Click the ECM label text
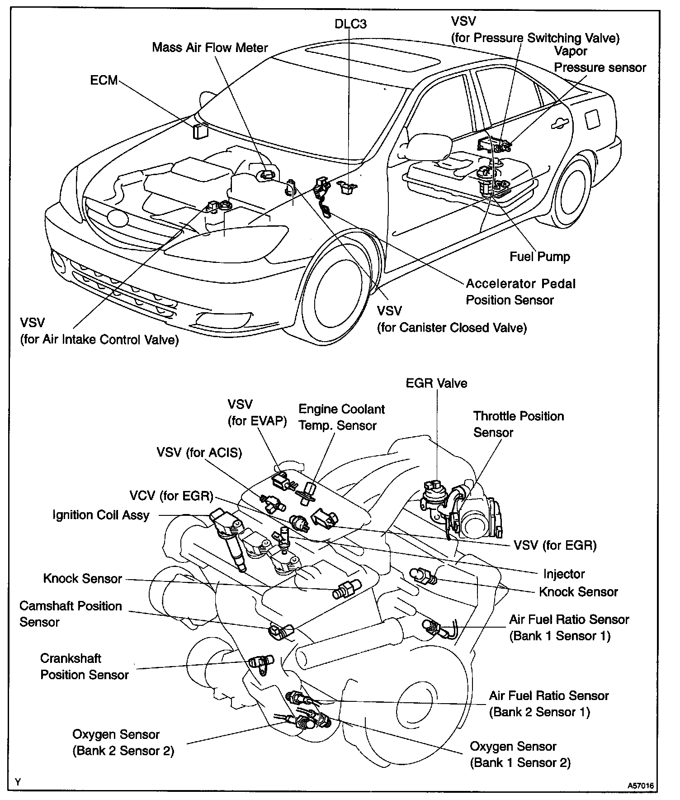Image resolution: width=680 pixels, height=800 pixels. [x=104, y=81]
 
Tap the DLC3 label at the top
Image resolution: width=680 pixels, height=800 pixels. [x=350, y=24]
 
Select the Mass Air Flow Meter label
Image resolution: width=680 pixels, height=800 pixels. [x=210, y=48]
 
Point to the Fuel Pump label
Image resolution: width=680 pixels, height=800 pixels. [x=540, y=257]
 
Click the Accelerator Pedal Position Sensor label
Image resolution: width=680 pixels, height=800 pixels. [x=520, y=292]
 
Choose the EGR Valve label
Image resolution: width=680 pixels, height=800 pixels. [x=436, y=383]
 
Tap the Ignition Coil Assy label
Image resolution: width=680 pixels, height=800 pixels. [x=101, y=515]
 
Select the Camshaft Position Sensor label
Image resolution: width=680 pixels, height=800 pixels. [x=71, y=614]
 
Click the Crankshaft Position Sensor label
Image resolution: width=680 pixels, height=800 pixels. [x=85, y=667]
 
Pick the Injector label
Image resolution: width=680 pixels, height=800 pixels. [x=564, y=574]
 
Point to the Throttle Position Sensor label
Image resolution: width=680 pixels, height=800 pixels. [x=518, y=424]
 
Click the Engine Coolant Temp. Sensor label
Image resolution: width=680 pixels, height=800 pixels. [x=341, y=417]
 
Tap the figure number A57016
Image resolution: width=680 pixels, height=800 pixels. [x=640, y=786]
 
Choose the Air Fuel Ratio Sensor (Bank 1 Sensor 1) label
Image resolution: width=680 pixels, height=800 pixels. [x=569, y=628]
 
